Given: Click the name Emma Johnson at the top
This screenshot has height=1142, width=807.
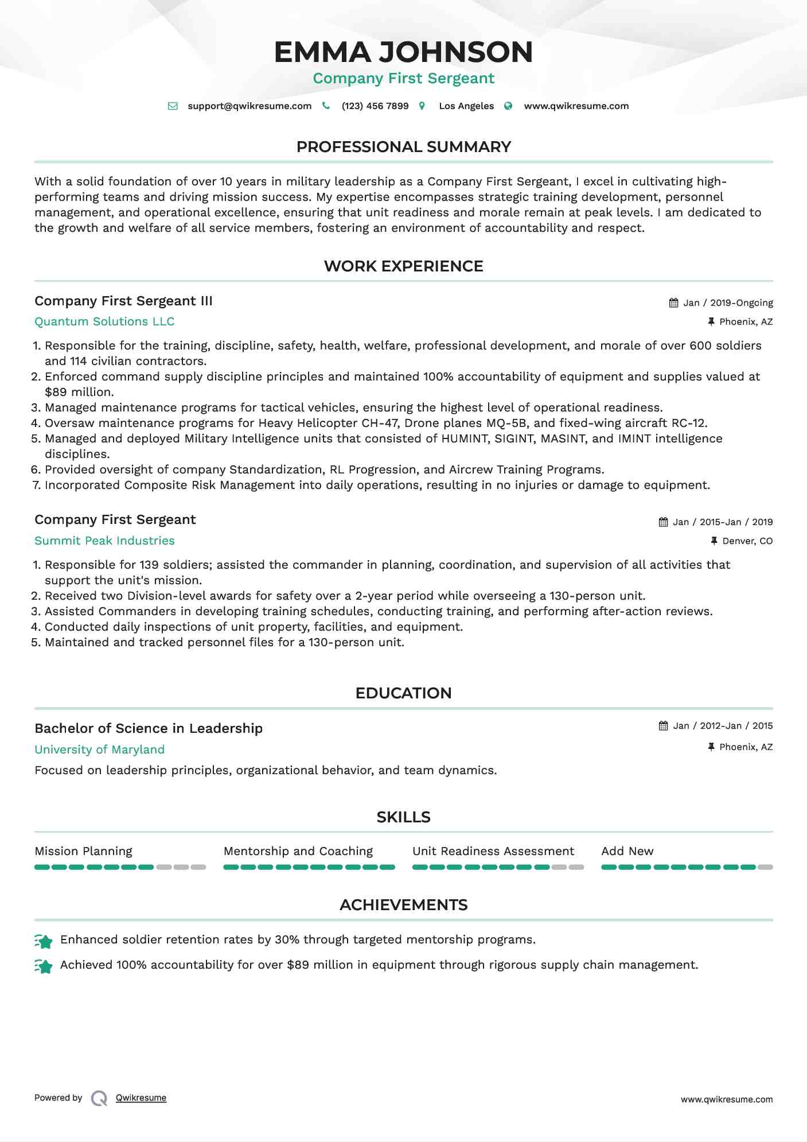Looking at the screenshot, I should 403,52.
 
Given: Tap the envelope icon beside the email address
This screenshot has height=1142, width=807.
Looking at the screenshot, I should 173,106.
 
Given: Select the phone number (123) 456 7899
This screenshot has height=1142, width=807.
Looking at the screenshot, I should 375,106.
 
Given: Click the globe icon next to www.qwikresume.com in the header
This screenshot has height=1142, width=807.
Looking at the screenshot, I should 508,106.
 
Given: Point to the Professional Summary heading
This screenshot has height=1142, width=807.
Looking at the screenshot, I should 403,147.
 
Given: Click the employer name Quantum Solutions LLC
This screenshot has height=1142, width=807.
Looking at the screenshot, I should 104,322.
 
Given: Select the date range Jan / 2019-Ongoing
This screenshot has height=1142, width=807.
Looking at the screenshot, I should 728,303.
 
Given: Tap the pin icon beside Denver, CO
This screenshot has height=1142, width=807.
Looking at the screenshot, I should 714,541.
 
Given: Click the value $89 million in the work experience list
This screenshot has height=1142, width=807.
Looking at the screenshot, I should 79,393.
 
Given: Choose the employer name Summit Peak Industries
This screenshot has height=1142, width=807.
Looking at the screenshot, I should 104,541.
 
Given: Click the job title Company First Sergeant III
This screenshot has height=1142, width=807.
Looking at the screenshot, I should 123,301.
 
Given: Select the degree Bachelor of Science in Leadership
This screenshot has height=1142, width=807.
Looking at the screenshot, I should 149,729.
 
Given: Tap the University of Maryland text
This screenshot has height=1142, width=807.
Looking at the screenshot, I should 99,750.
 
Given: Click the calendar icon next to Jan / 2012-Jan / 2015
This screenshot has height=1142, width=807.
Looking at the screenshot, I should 664,726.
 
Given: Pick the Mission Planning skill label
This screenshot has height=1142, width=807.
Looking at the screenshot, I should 83,852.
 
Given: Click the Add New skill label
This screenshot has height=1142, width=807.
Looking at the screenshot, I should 627,852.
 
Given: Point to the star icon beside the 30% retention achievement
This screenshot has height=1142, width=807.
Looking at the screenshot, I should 44,941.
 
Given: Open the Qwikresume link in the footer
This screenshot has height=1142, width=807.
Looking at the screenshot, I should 141,1098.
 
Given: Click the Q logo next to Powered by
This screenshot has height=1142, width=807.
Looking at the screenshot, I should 99,1098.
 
